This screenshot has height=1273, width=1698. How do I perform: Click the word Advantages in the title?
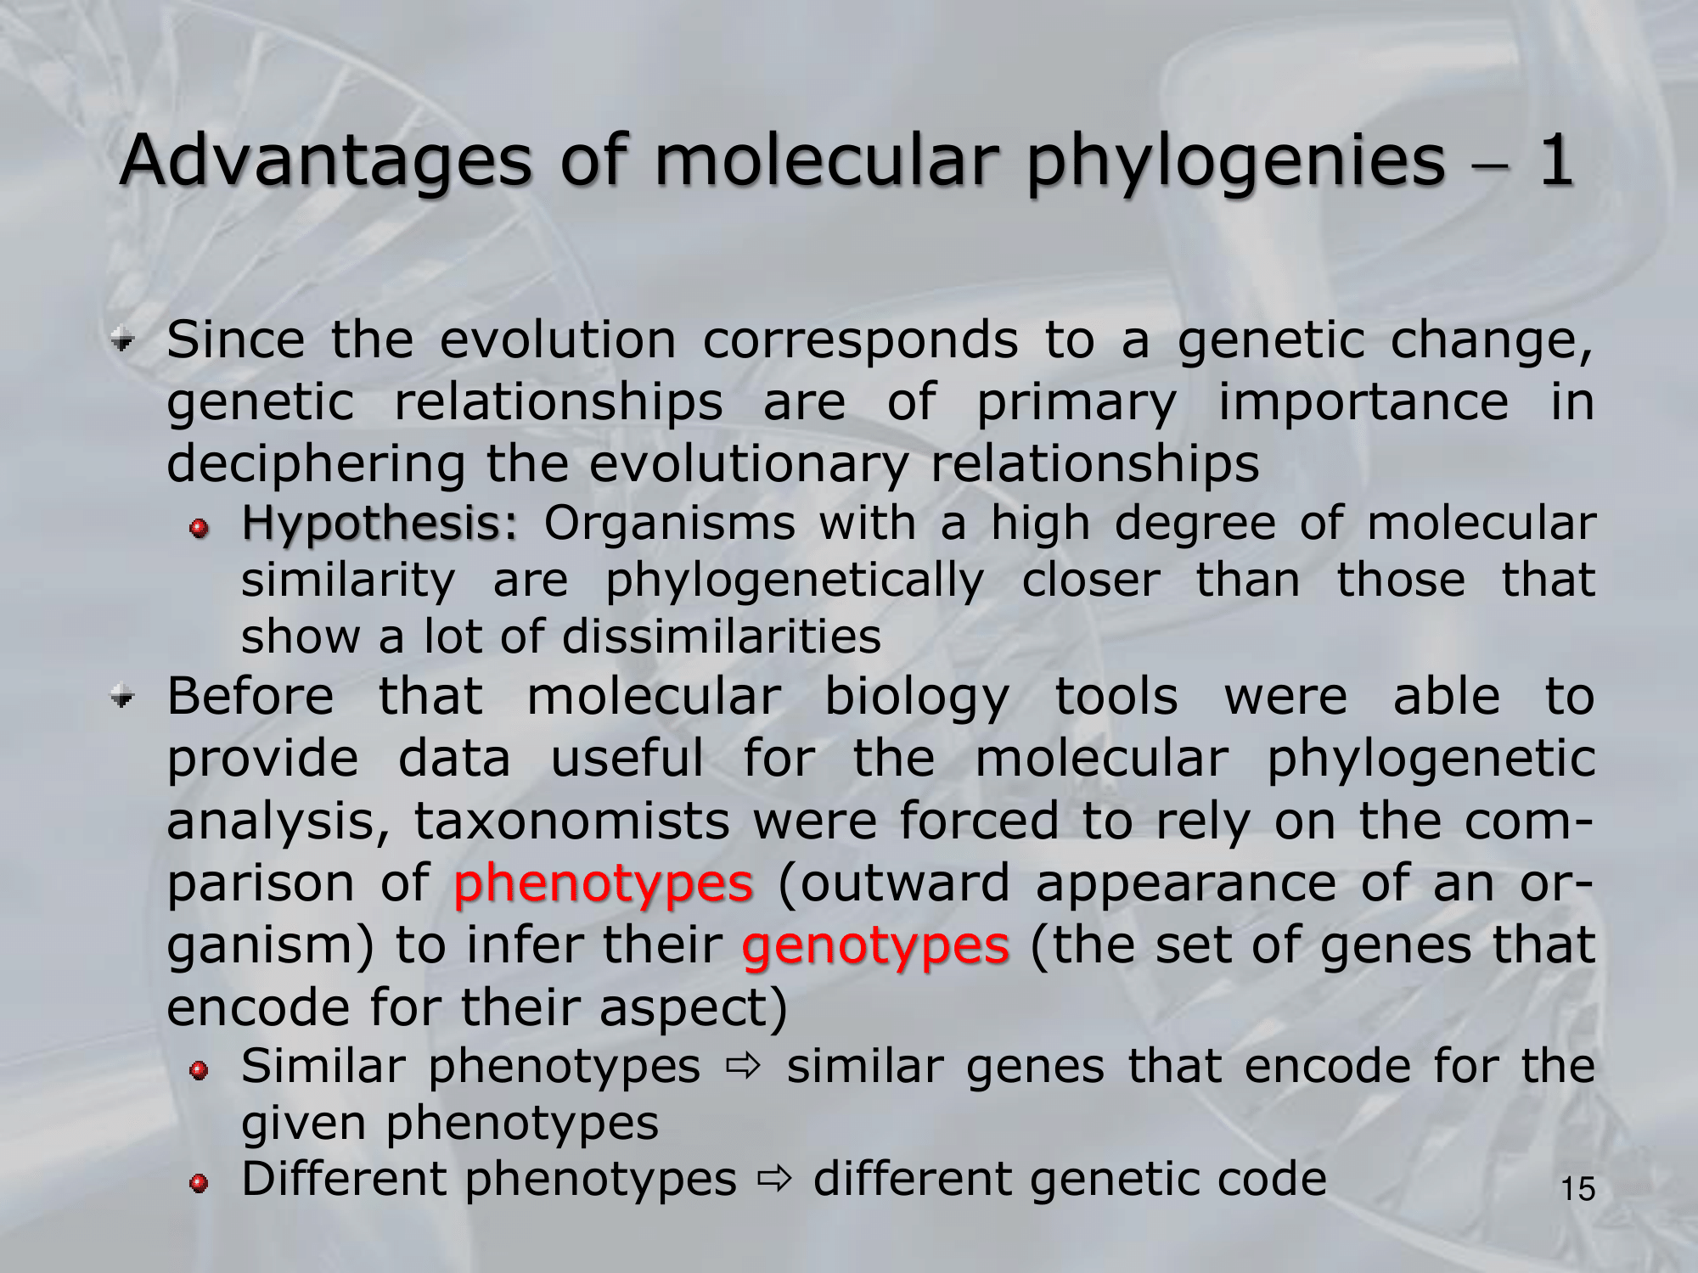(327, 161)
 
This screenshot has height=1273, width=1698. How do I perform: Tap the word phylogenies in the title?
(1236, 161)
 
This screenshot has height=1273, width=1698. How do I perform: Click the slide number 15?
(1578, 1189)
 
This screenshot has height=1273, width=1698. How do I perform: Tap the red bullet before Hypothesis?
(200, 530)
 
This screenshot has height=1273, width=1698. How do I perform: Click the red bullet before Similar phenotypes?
(200, 1071)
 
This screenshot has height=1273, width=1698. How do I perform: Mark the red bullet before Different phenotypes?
(200, 1184)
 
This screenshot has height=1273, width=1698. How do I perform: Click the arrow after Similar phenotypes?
(744, 1068)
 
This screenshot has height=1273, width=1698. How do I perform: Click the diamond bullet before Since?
(124, 342)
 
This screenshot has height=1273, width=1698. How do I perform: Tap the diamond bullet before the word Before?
(124, 699)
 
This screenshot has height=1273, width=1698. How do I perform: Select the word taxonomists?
(571, 822)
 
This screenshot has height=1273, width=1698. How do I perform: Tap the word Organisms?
(669, 524)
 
